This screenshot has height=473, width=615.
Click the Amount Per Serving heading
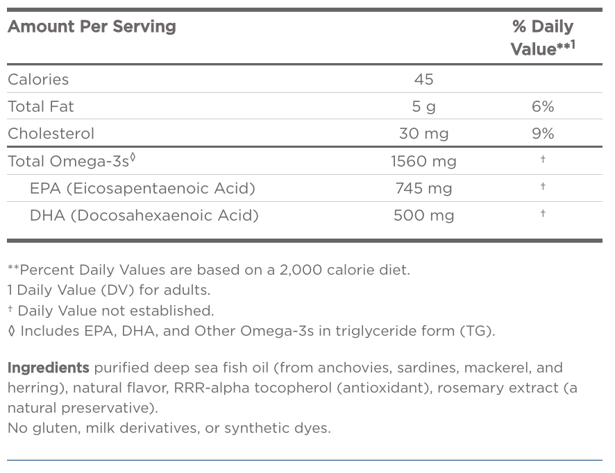[92, 27]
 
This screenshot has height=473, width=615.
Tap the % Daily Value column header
[543, 37]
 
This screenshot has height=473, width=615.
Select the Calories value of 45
[423, 80]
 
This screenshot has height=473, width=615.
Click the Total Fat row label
[40, 107]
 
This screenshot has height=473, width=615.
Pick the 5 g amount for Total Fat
[423, 107]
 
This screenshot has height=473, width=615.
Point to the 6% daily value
[543, 107]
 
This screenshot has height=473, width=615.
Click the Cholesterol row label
[51, 134]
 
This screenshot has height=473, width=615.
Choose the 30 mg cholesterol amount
[423, 134]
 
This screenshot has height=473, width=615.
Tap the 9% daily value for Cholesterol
[543, 134]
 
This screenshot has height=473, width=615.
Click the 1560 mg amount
[423, 162]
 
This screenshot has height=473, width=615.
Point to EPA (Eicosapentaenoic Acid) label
[142, 189]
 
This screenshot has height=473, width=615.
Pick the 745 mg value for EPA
[423, 189]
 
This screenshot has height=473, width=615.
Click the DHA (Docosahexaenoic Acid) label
[144, 216]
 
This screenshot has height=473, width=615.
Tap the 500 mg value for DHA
[423, 216]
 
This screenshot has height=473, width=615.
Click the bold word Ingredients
[48, 368]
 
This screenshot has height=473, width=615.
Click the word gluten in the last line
[56, 428]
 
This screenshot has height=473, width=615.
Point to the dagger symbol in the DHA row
[543, 214]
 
